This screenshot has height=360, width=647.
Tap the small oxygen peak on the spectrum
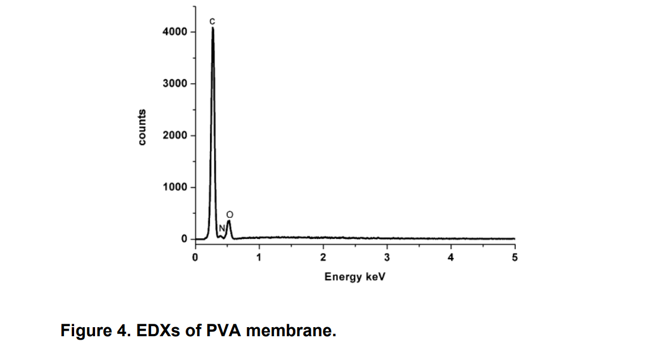[x=229, y=222]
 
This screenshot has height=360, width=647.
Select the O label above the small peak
[x=229, y=214]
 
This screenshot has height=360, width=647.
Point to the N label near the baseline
[x=222, y=228]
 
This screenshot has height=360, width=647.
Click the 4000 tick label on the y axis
[x=175, y=32]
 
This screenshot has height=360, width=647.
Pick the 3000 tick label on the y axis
[x=175, y=84]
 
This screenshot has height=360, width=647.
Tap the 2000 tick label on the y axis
[x=175, y=135]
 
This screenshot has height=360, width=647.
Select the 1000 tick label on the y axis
[x=175, y=187]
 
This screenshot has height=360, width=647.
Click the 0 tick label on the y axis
[x=184, y=239]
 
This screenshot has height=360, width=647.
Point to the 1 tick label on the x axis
[x=259, y=258]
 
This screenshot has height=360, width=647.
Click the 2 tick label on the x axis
[x=323, y=258]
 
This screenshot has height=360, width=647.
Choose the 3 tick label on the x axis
[x=387, y=258]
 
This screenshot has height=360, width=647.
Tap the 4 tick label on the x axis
[x=451, y=258]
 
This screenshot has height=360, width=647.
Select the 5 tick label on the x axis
[x=515, y=258]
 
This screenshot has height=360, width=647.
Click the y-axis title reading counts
[x=142, y=127]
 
